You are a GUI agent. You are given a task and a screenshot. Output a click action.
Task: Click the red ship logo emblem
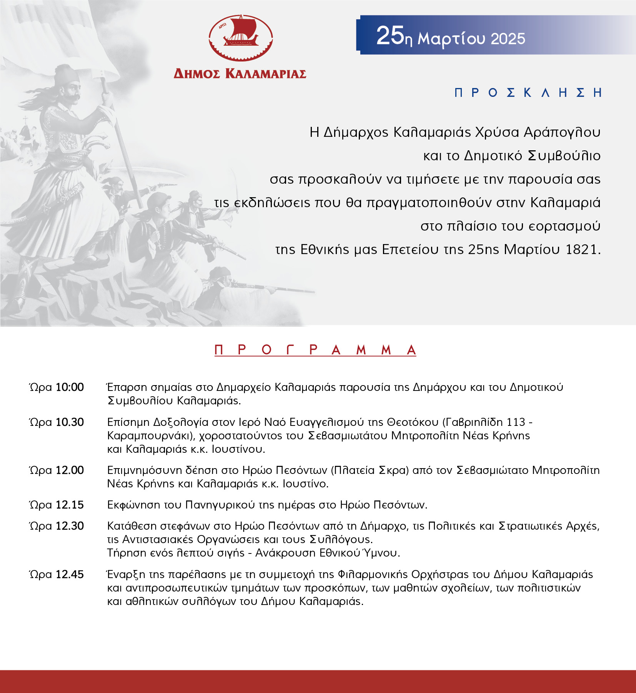click(241, 38)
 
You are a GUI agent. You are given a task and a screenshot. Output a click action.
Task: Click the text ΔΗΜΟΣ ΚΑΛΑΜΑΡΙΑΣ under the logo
click(240, 74)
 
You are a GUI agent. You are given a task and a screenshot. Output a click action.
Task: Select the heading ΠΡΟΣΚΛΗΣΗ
click(528, 93)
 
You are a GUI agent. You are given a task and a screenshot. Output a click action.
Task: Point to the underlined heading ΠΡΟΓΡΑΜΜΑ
click(315, 350)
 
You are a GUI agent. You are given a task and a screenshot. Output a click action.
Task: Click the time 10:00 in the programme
click(70, 387)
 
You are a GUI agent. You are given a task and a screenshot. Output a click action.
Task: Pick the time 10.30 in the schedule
click(70, 422)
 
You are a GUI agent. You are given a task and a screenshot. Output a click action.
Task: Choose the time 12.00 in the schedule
click(70, 470)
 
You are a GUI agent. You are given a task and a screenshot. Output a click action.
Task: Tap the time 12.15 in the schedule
click(70, 505)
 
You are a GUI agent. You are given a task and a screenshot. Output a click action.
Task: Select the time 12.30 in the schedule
click(70, 526)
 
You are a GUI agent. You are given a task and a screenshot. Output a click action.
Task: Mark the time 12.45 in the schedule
click(70, 574)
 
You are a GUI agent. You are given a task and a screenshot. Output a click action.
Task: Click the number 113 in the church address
click(516, 422)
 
